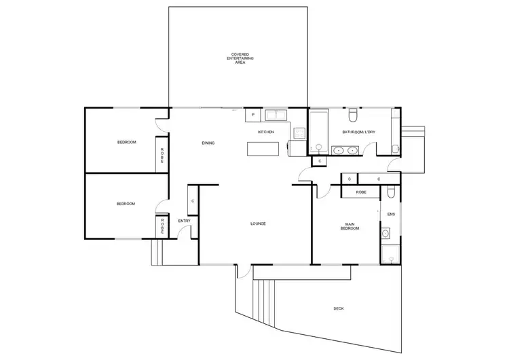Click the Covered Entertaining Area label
pos(240,58)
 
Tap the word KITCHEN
pos(266,132)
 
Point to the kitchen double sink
pos(275,114)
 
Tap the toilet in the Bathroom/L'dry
pos(354,113)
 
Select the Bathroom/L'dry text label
pos(359,132)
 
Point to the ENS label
pos(390,214)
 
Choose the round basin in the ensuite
pos(385,234)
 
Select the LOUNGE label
pos(257,223)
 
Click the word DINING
pos(208,143)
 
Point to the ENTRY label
pos(184,221)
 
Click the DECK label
pos(338,308)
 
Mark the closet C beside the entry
pos(193,201)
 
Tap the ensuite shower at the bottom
pos(388,255)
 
